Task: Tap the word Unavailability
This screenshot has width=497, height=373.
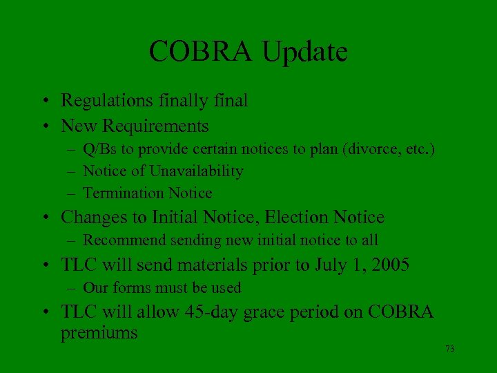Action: (x=195, y=171)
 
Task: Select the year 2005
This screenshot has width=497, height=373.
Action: (x=390, y=265)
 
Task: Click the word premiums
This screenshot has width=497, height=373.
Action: (x=99, y=334)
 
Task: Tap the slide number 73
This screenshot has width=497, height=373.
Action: (x=450, y=349)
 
